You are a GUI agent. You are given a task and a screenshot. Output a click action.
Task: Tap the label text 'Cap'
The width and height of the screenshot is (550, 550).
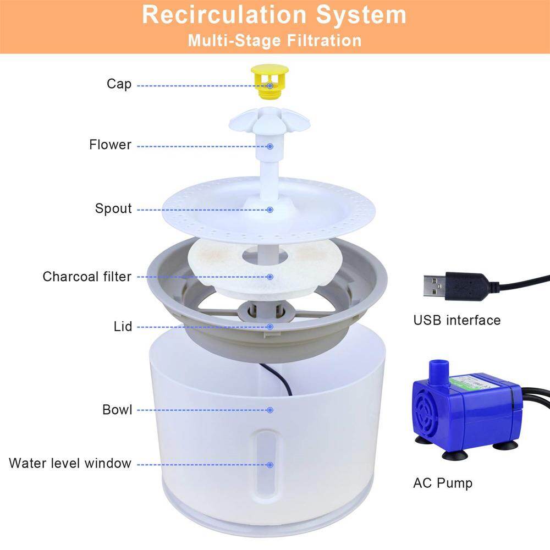pyautogui.click(x=119, y=84)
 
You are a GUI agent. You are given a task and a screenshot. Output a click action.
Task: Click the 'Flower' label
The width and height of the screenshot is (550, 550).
pyautogui.click(x=110, y=145)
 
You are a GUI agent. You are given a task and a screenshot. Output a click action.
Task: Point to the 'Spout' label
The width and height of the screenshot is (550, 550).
pyautogui.click(x=113, y=209)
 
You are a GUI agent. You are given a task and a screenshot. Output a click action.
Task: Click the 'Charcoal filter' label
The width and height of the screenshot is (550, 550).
pyautogui.click(x=87, y=276)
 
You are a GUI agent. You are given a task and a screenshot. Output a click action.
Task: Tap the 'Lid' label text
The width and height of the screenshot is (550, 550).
pyautogui.click(x=123, y=327)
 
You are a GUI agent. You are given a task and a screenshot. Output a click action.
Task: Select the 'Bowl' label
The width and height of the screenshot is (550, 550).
pyautogui.click(x=117, y=410)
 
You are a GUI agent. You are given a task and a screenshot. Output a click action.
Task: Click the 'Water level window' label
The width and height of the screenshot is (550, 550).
pyautogui.click(x=70, y=463)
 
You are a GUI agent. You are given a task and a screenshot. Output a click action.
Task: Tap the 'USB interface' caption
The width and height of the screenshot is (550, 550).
pyautogui.click(x=457, y=320)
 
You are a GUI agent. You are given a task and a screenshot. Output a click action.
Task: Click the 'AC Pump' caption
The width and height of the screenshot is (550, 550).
pyautogui.click(x=442, y=483)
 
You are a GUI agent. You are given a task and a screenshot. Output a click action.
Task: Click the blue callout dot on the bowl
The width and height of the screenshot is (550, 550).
pyautogui.click(x=270, y=410)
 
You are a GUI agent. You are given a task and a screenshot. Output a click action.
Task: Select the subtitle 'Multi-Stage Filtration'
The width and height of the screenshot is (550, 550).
pyautogui.click(x=274, y=41)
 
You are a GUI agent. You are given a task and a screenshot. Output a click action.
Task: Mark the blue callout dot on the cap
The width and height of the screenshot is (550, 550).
pyautogui.click(x=270, y=86)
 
